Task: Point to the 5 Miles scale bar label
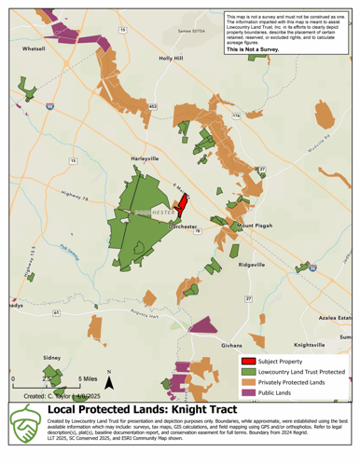[84, 379]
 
